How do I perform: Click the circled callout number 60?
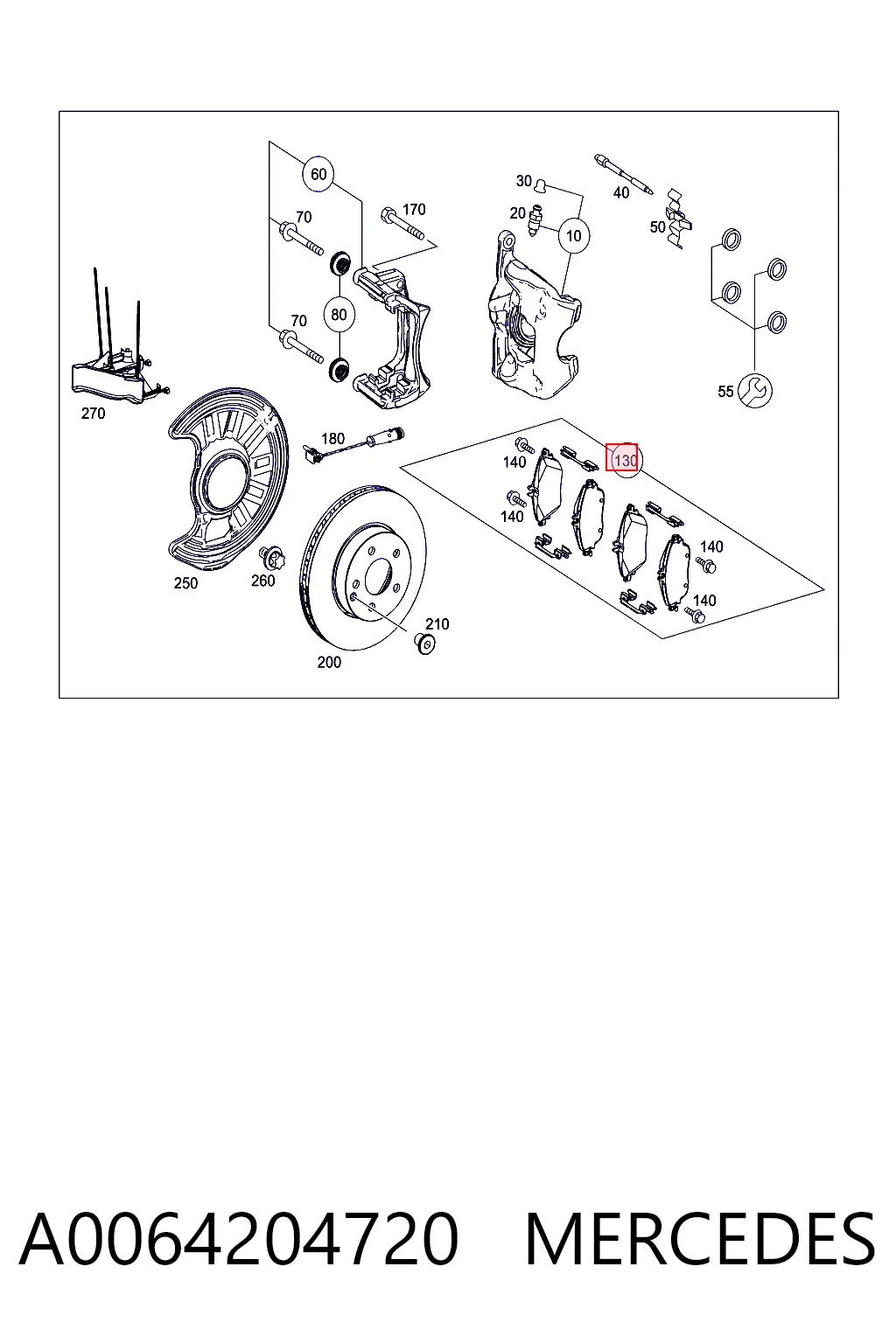(x=318, y=174)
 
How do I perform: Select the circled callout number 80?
(x=339, y=314)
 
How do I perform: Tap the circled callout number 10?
(x=574, y=235)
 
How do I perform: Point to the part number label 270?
(x=93, y=413)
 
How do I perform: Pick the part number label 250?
(x=185, y=583)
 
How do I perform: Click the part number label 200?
(x=329, y=662)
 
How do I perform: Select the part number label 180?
(x=332, y=439)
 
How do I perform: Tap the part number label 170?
(x=414, y=209)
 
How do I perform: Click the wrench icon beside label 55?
(x=755, y=391)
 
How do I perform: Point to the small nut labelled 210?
(x=425, y=643)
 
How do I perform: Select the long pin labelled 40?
(x=623, y=174)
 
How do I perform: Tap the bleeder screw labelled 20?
(x=534, y=220)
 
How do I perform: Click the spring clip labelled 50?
(x=678, y=218)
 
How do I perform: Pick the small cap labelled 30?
(x=540, y=185)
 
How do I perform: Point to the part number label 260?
(x=262, y=581)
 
